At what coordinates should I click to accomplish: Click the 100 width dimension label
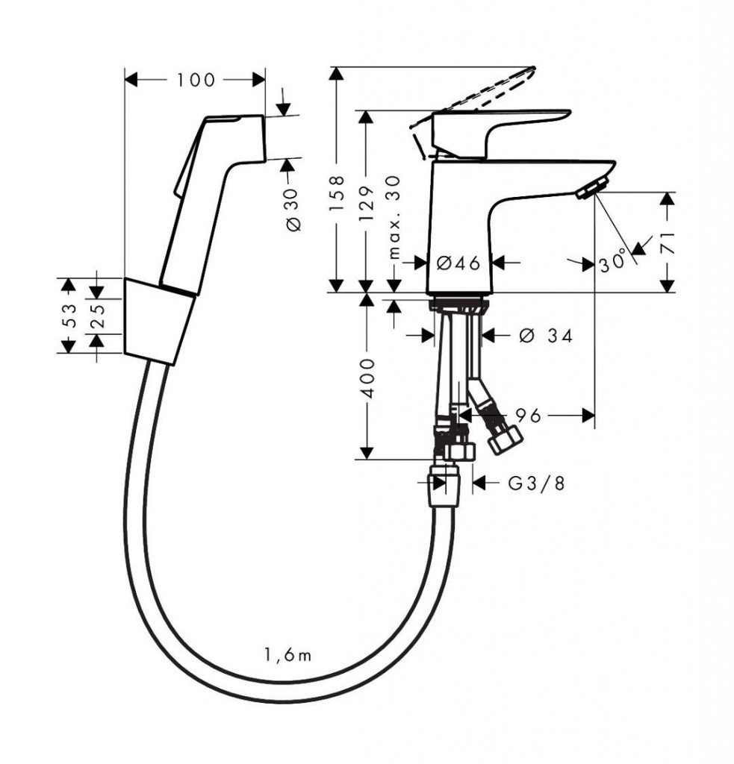(195, 81)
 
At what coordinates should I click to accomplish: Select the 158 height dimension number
(337, 193)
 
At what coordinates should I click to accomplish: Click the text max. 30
(394, 217)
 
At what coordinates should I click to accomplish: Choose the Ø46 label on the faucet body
(458, 263)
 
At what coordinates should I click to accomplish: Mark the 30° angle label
(612, 260)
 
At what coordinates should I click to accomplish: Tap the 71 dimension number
(668, 242)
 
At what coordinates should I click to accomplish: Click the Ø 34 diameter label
(546, 335)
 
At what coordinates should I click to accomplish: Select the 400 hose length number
(367, 378)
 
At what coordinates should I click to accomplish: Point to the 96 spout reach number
(529, 416)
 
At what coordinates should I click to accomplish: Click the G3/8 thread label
(536, 483)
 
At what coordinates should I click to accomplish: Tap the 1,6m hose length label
(287, 655)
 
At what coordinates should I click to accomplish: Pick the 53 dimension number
(69, 316)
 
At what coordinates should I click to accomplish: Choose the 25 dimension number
(98, 316)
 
